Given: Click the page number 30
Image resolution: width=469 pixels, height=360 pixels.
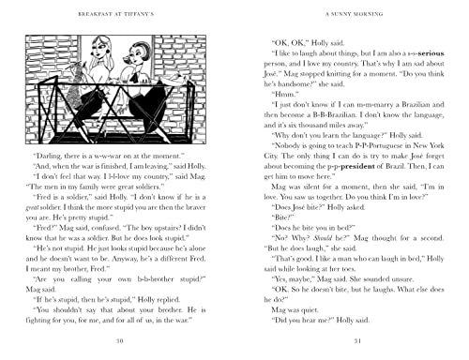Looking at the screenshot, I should (x=116, y=339).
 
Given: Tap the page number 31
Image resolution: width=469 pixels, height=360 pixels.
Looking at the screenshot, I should (x=352, y=339).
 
